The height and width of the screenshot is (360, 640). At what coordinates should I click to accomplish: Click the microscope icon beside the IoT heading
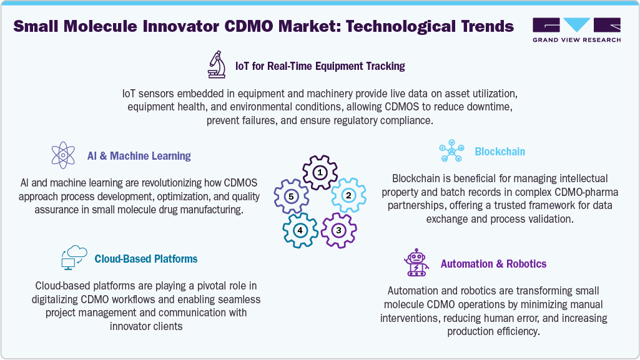[217, 65]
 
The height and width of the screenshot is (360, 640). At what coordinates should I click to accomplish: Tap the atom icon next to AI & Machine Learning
[63, 155]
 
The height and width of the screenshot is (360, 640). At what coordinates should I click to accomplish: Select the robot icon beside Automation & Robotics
[416, 263]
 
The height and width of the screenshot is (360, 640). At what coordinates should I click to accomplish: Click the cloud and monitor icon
[73, 258]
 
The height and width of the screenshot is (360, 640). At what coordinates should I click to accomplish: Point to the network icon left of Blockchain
[451, 151]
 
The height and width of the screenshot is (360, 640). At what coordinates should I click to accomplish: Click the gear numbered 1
[320, 172]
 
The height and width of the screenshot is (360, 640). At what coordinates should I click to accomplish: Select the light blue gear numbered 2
[349, 195]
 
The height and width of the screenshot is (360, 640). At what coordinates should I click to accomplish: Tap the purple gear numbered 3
[338, 230]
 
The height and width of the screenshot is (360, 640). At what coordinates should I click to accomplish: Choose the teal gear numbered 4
[300, 230]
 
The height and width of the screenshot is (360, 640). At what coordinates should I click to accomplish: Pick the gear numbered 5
[290, 196]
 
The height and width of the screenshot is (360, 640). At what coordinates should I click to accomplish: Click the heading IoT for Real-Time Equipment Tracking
[320, 66]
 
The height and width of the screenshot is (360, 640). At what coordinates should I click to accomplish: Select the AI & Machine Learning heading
[139, 156]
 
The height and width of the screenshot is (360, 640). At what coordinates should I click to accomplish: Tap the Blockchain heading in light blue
[500, 152]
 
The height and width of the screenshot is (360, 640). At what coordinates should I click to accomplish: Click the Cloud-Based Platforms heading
[146, 258]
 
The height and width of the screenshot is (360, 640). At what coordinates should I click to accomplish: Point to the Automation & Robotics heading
[493, 264]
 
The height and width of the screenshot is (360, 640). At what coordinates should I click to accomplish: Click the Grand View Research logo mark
[576, 26]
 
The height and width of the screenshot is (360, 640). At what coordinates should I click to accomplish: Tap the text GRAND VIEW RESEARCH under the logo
[576, 40]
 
